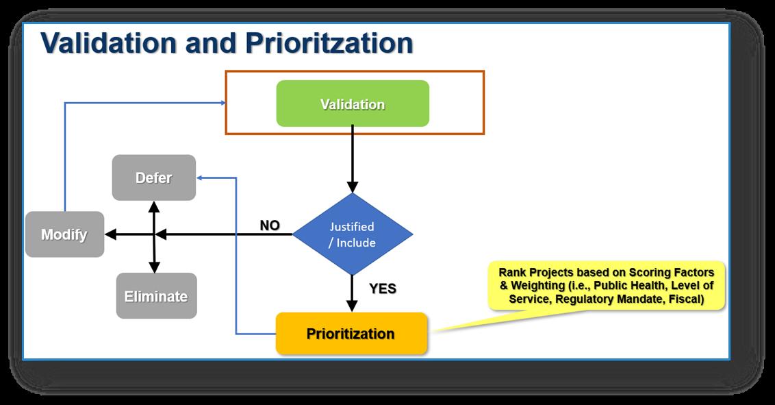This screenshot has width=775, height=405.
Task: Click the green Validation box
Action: [x=353, y=104]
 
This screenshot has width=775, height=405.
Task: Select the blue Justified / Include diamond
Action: [x=353, y=234]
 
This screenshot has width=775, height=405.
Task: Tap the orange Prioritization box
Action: [x=351, y=334]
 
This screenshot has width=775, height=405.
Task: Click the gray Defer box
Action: [x=153, y=177]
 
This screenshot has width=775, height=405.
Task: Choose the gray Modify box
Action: [x=64, y=234]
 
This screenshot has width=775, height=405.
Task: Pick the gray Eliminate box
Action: [x=156, y=296]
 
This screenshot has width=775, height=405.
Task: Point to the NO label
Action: [x=270, y=225]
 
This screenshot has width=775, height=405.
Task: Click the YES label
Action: [x=383, y=289]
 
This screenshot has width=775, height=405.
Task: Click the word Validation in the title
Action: [x=110, y=42]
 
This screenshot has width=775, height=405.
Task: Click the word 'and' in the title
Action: [x=209, y=42]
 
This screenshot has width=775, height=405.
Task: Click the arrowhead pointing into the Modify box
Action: [x=111, y=234]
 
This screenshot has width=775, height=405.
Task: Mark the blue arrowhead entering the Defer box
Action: [x=201, y=177]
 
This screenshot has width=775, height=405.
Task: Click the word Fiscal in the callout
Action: [x=687, y=299]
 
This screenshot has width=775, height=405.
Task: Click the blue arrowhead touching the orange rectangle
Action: [x=223, y=103]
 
